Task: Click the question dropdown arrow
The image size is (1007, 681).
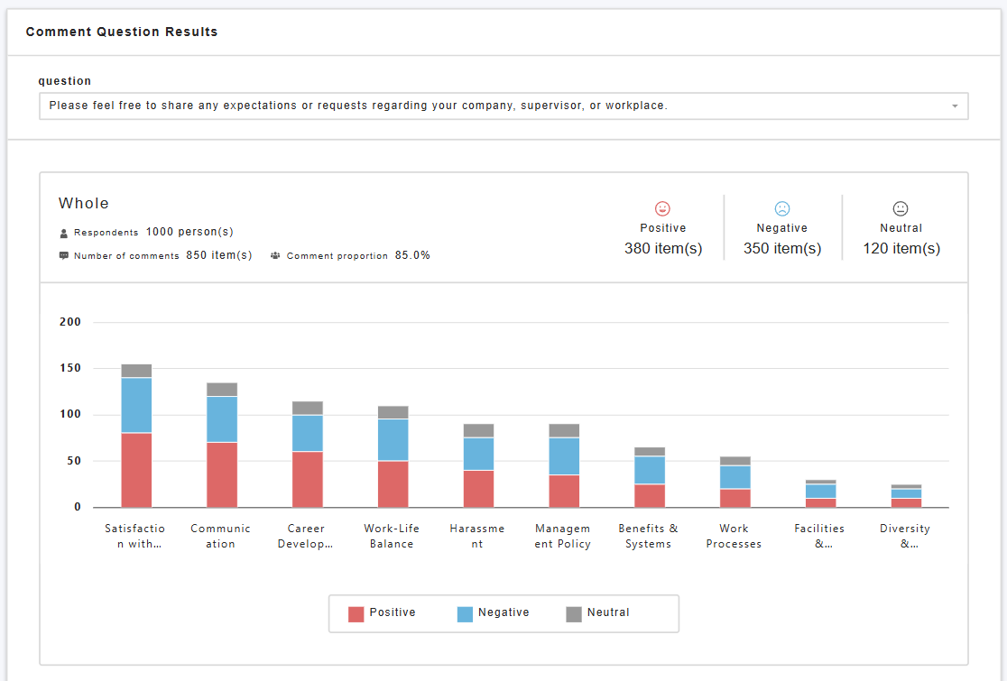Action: tap(955, 106)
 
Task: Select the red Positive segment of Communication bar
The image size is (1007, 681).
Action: tap(222, 475)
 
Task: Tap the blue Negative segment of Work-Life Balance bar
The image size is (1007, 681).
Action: tap(393, 439)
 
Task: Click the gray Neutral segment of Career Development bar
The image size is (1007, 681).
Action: tap(308, 409)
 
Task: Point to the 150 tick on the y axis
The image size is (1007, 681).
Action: tap(70, 368)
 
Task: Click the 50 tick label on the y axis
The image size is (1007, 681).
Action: tap(74, 461)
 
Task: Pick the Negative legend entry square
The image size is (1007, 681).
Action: tap(465, 614)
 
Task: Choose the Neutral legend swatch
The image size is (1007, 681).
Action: tap(574, 614)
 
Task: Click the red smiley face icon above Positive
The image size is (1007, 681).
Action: tap(662, 208)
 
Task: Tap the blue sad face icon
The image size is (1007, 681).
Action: tap(781, 208)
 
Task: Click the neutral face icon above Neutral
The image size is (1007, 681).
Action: tap(901, 208)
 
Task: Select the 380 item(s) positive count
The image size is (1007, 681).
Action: tap(663, 248)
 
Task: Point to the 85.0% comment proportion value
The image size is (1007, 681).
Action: tap(412, 255)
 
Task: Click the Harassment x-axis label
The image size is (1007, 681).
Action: tap(477, 536)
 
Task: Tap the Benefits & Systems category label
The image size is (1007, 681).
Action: tap(648, 536)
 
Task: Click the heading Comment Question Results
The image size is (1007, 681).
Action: tap(122, 32)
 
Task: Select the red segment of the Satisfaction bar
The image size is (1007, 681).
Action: tap(136, 470)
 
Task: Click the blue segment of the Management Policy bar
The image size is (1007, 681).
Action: tap(564, 456)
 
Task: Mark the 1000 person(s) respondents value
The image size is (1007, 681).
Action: tap(189, 232)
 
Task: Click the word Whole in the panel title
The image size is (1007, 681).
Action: tap(84, 204)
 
